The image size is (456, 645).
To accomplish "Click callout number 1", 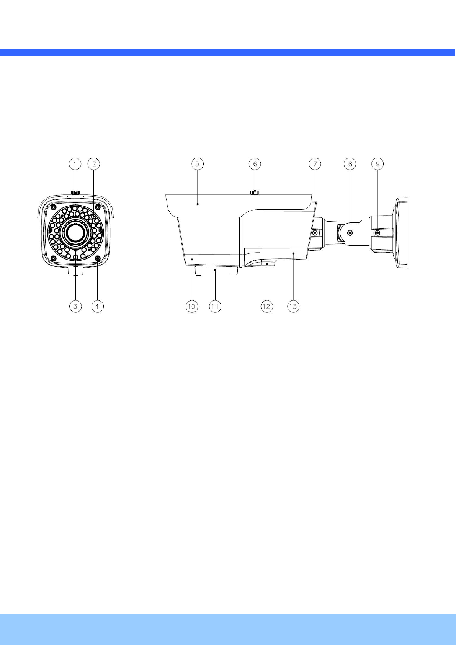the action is point(75,164).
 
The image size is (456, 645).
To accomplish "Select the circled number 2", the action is point(94,164).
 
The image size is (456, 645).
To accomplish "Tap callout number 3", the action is point(75,306).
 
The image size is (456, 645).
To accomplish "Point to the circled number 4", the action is point(97,306).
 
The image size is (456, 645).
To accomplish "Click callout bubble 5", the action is point(197,164).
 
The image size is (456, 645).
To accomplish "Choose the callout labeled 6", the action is point(255,164).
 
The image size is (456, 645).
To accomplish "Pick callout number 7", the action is point(315,164).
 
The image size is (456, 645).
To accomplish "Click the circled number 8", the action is point(350,164).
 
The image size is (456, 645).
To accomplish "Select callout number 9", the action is point(378,164).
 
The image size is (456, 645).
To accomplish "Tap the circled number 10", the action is point(192,306).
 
